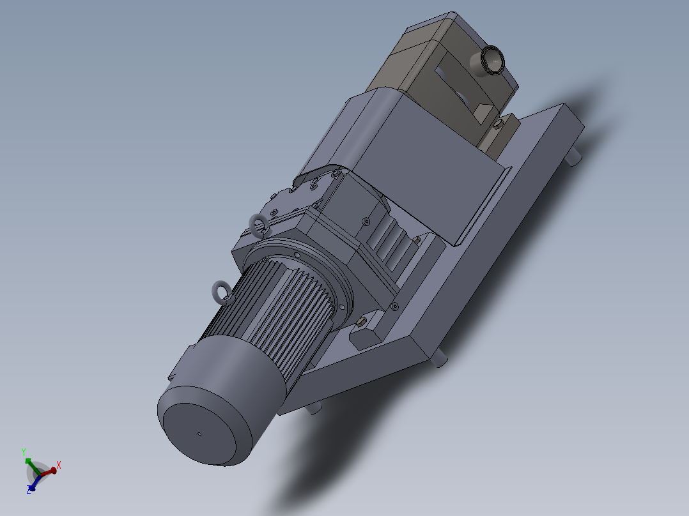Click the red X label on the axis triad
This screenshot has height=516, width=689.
click(x=59, y=464)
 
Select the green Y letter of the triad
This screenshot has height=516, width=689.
click(x=23, y=451)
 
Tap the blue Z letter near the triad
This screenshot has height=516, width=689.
click(x=29, y=490)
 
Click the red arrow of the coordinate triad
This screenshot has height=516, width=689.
click(x=49, y=471)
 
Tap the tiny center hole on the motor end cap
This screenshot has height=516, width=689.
click(x=199, y=434)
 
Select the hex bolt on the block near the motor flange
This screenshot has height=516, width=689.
click(x=362, y=321)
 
